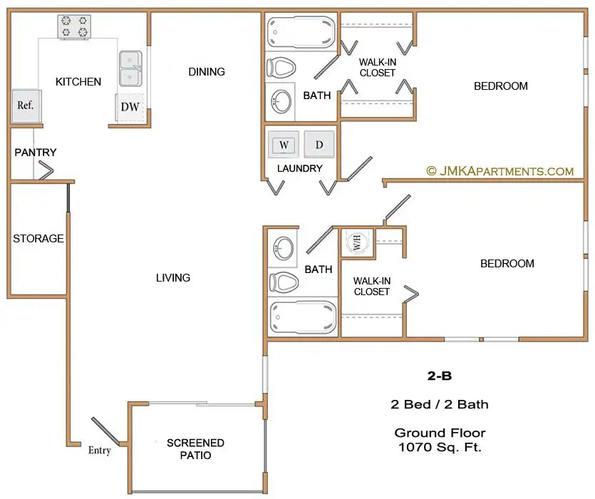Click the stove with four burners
(74, 26)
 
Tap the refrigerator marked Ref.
(26, 106)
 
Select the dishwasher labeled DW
(130, 108)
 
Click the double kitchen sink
(130, 68)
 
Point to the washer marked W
(284, 144)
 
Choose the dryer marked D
(319, 144)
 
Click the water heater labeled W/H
(357, 242)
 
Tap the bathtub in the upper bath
(301, 32)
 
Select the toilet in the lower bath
(284, 282)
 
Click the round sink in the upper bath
(281, 101)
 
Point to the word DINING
(207, 71)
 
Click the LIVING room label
(173, 277)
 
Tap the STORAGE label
(38, 239)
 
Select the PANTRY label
(36, 153)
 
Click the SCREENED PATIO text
(195, 449)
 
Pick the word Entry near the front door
(100, 451)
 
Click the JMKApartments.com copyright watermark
(500, 171)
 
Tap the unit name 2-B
(440, 376)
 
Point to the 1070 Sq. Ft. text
(440, 447)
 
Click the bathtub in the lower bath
(302, 317)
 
